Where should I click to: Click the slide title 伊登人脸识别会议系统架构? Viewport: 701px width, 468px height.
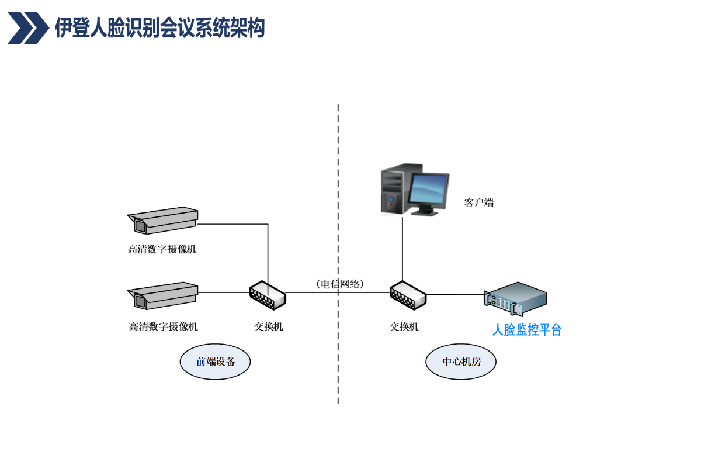point(159,27)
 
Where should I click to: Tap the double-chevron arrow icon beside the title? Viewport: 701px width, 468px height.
point(28,27)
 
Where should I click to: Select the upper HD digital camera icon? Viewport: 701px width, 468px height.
point(164,220)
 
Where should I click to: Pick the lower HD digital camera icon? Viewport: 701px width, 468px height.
point(164,295)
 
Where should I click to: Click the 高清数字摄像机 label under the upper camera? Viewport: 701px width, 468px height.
point(162,249)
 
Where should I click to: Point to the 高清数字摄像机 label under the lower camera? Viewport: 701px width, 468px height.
point(163,326)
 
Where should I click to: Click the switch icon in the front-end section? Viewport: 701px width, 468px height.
point(268,295)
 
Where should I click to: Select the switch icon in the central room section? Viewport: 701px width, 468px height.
point(408,295)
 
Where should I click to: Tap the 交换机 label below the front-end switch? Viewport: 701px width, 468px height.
point(268,326)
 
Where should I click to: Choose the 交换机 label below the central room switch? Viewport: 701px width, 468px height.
point(404,326)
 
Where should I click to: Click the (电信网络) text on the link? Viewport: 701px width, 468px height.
point(339,284)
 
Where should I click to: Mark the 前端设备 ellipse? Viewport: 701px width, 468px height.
point(216,362)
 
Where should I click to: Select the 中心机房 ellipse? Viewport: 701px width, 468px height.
point(461,362)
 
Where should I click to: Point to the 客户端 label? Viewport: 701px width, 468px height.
point(479,203)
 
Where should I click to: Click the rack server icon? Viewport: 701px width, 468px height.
point(516,297)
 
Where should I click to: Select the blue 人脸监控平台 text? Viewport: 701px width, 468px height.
point(527,330)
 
